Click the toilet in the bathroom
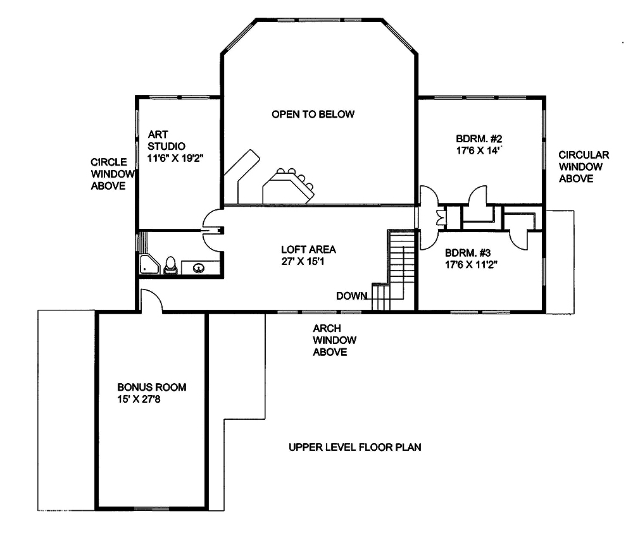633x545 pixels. pos(170,266)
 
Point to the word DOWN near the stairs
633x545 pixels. pos(351,296)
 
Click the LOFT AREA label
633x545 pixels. pos(308,249)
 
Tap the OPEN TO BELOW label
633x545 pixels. pos(313,114)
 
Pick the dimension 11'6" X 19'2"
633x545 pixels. pos(184,158)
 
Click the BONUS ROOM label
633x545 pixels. pos(152,387)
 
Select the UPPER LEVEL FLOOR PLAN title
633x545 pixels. pos(355,447)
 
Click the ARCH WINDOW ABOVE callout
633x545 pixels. pos(334,340)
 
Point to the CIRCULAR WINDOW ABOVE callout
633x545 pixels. pos(584,167)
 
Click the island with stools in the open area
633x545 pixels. pos(288,187)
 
